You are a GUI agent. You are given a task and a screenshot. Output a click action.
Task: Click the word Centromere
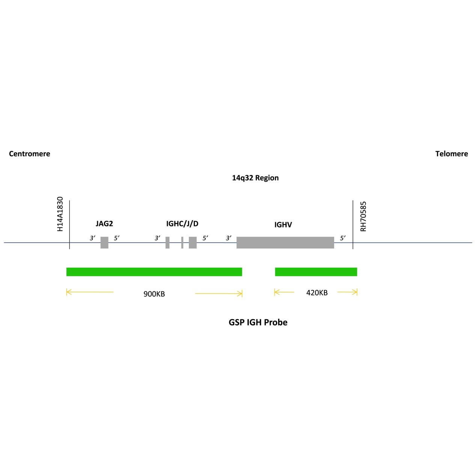pyautogui.click(x=29, y=154)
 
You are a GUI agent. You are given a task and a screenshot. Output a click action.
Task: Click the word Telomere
pyautogui.click(x=451, y=154)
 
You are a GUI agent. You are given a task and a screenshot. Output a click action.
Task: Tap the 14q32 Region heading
pyautogui.click(x=255, y=178)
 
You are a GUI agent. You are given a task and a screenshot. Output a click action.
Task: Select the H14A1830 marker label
pyautogui.click(x=60, y=214)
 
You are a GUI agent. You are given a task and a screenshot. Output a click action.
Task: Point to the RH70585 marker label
pyautogui.click(x=363, y=216)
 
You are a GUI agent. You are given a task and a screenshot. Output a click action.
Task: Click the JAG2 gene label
pyautogui.click(x=104, y=224)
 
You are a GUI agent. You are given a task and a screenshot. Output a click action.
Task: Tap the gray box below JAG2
pyautogui.click(x=104, y=243)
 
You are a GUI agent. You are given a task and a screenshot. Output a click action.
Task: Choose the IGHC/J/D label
pyautogui.click(x=182, y=224)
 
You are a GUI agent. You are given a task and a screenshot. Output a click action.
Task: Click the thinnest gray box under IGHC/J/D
pyautogui.click(x=182, y=243)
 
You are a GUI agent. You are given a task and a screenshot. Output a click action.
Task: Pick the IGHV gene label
pyautogui.click(x=283, y=224)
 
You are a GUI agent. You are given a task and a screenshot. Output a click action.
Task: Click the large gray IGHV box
pyautogui.click(x=285, y=243)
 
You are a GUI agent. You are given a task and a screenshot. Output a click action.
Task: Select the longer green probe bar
pyautogui.click(x=154, y=272)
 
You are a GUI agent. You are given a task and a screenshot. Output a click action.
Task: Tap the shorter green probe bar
pyautogui.click(x=316, y=272)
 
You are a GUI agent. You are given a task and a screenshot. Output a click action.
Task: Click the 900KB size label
pyautogui.click(x=154, y=294)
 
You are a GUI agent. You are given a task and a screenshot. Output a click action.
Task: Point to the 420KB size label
pyautogui.click(x=317, y=293)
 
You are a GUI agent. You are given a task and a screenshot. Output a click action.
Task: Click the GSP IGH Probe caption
pyautogui.click(x=258, y=322)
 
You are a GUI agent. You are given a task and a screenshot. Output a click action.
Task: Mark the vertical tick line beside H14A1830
pyautogui.click(x=69, y=224)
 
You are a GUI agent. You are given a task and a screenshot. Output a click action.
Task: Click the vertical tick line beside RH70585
pyautogui.click(x=353, y=224)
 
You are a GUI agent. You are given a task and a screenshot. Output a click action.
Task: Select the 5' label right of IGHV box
pyautogui.click(x=343, y=238)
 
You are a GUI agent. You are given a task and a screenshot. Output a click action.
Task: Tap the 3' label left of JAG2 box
pyautogui.click(x=92, y=238)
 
